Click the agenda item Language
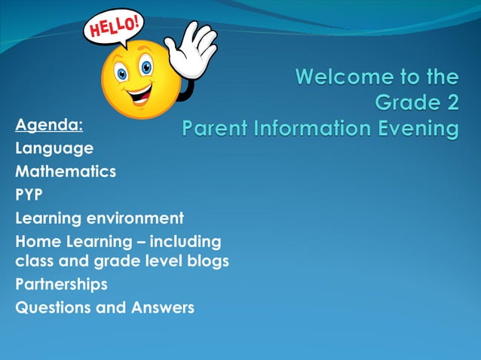[54, 148]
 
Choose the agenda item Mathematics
[66, 171]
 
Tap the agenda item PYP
[29, 194]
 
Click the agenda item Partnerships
[61, 284]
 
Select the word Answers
[162, 307]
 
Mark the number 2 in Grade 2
[450, 102]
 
